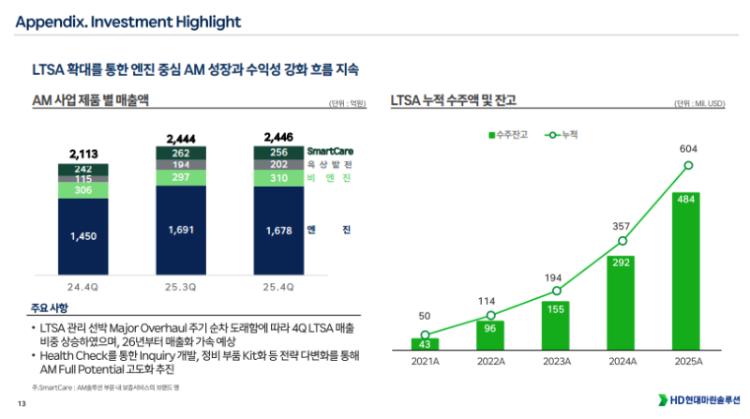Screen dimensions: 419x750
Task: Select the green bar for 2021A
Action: [x=425, y=344]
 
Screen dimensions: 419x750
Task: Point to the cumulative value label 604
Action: [x=688, y=148]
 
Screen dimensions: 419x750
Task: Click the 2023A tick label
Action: [x=556, y=361]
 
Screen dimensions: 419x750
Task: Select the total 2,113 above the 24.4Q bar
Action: [x=83, y=154]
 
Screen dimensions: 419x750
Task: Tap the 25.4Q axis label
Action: [x=278, y=287]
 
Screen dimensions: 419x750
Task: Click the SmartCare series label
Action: [x=330, y=152]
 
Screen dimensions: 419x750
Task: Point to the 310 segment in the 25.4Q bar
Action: [x=278, y=177]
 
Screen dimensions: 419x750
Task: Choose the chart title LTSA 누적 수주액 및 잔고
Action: [x=453, y=99]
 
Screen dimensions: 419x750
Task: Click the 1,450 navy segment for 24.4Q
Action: [x=83, y=236]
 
